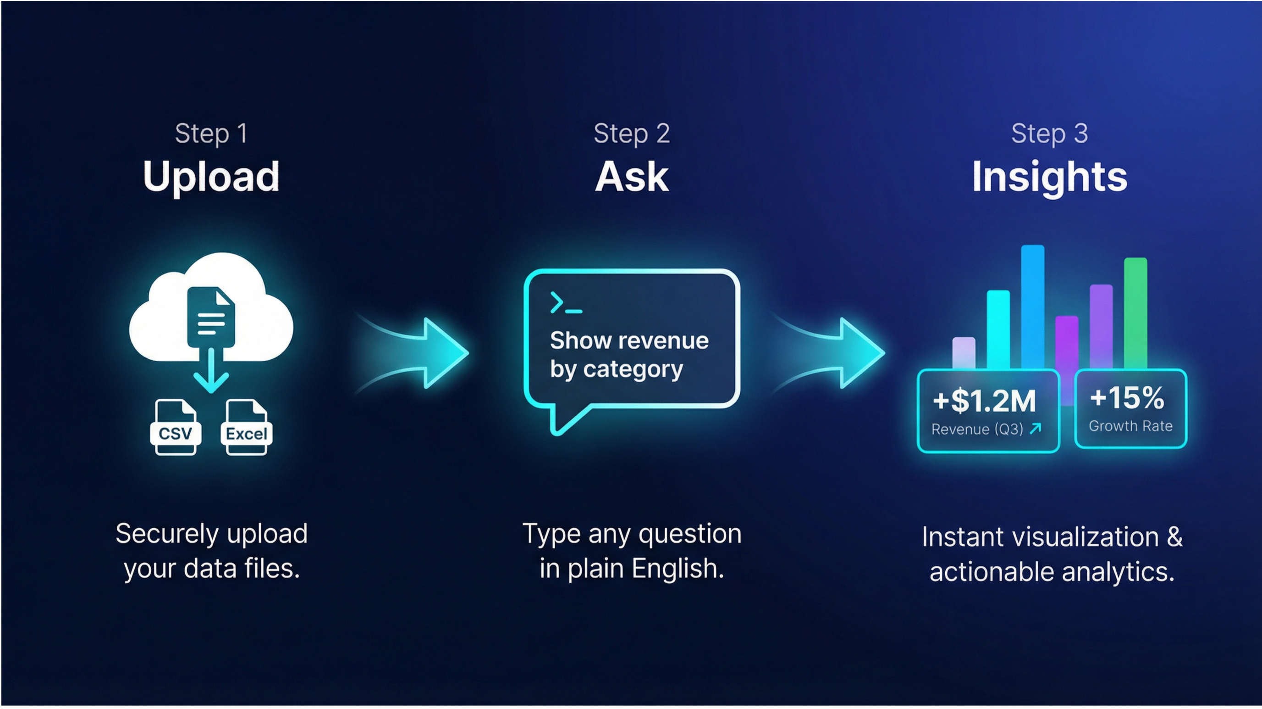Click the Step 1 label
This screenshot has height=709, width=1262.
[x=211, y=134]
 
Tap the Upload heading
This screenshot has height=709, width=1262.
[x=211, y=177]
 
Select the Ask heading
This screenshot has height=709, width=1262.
[x=632, y=177]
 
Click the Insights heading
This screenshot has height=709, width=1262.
[x=1049, y=177]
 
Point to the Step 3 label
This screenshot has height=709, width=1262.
[x=1049, y=134]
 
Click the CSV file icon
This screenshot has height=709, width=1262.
[x=175, y=428]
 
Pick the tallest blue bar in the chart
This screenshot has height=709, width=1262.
[x=1032, y=304]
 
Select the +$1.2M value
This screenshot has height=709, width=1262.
[x=984, y=401]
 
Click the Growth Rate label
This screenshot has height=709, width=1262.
[x=1131, y=426]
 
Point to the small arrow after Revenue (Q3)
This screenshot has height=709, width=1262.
[x=1035, y=429]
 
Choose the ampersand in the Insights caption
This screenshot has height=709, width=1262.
[x=1174, y=537]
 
